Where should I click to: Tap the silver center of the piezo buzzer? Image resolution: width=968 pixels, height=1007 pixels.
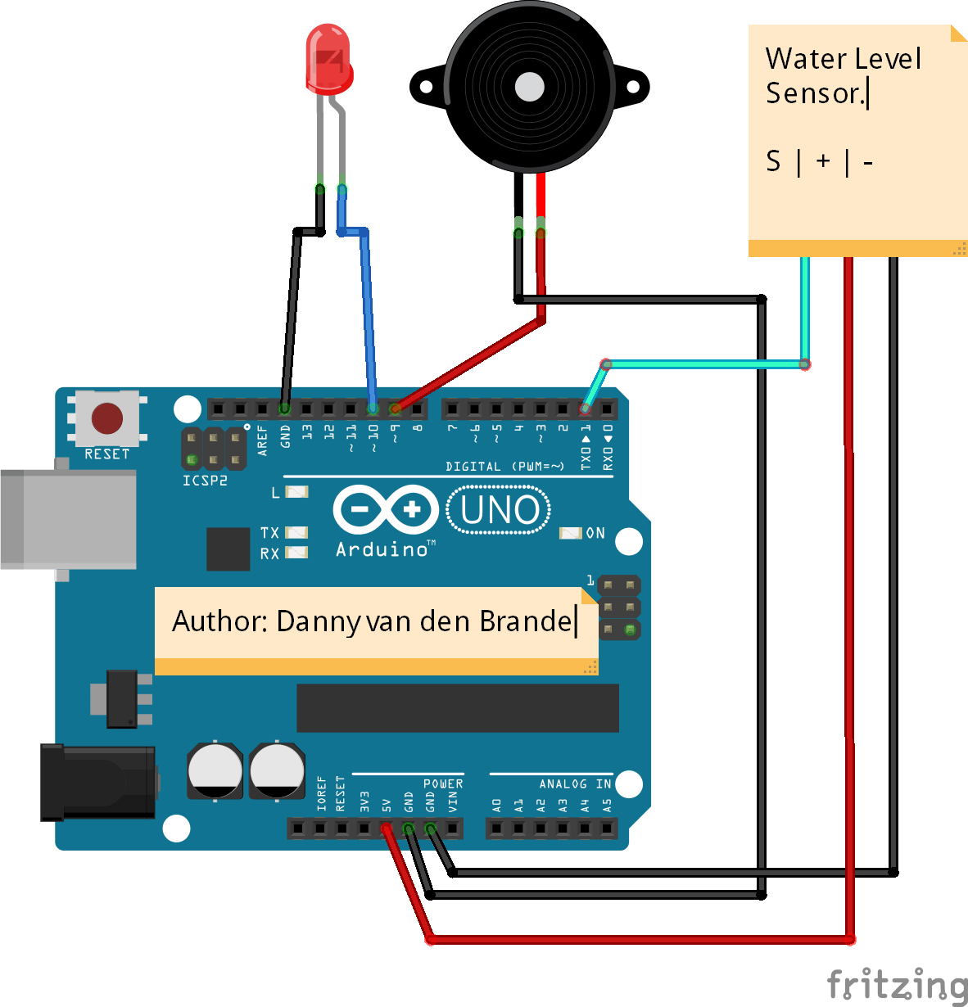pos(529,87)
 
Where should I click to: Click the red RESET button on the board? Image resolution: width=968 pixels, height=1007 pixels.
pos(106,418)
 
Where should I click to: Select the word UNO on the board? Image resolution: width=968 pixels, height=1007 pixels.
pos(500,510)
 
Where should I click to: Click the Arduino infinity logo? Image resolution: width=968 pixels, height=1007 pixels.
pos(385,510)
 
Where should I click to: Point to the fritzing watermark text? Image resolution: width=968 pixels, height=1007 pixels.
pos(897,984)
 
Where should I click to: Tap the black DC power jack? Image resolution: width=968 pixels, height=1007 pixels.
pos(98,782)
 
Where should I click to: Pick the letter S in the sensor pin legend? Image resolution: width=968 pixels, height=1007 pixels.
pos(773,161)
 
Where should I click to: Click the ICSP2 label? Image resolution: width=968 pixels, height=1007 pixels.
pos(205,481)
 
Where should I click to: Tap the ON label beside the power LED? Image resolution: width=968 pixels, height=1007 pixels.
pos(595,533)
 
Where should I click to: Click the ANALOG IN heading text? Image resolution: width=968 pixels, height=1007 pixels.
pos(575,783)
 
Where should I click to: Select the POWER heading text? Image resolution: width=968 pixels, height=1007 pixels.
pos(443,783)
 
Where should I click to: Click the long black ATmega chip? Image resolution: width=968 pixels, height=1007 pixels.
pos(457,708)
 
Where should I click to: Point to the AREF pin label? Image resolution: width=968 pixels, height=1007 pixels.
pos(263,440)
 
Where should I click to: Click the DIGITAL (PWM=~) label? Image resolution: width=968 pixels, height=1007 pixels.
pos(504,467)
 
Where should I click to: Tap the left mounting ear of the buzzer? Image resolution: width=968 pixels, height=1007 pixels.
pos(424,87)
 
